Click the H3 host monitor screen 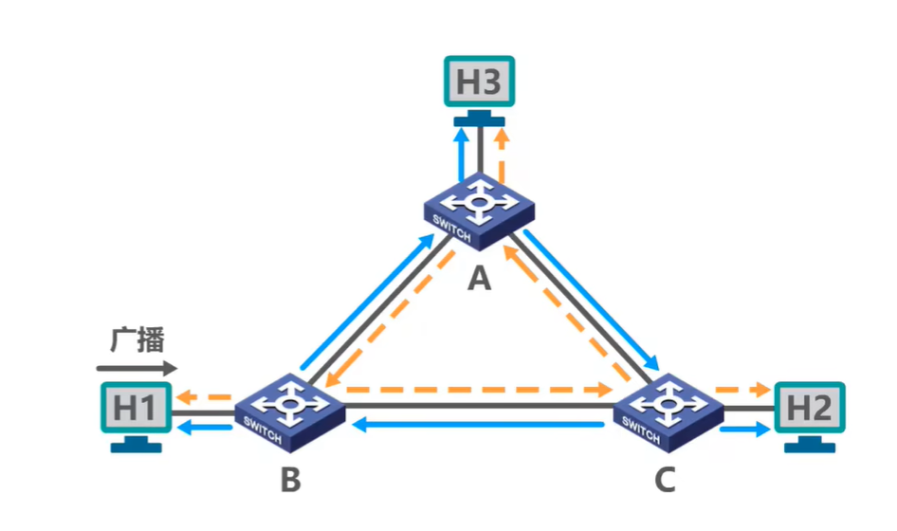pos(479,82)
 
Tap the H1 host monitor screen pos(135,409)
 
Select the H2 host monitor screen pos(809,409)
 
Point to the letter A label pos(481,279)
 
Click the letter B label pos(290,481)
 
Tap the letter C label pos(665,481)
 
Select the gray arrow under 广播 pos(137,367)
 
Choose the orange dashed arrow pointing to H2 pos(742,389)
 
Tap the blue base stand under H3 pos(479,120)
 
